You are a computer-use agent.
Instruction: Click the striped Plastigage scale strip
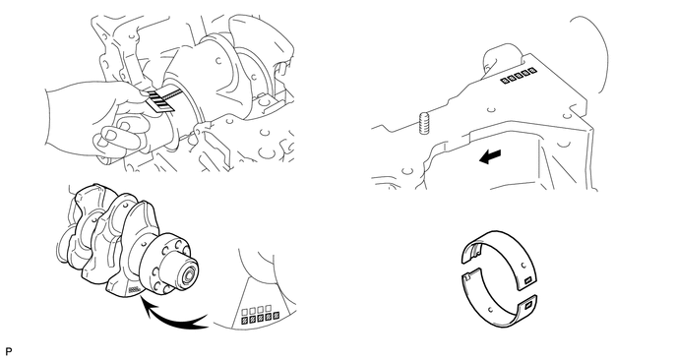[158, 98]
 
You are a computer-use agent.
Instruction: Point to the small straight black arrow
[490, 156]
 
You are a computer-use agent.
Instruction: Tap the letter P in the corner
[8, 351]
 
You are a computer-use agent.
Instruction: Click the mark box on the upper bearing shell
[526, 281]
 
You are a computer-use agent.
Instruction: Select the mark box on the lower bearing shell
[527, 306]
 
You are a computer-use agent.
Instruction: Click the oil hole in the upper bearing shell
[523, 265]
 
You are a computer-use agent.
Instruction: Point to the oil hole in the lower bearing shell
[490, 309]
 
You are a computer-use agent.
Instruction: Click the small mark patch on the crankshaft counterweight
[135, 290]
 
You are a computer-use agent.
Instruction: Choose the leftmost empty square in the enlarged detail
[245, 311]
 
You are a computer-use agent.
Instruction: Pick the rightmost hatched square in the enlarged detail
[276, 319]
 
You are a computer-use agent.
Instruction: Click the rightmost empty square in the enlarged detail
[268, 309]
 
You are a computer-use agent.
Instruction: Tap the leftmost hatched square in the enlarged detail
[244, 321]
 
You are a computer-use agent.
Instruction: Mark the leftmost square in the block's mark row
[504, 81]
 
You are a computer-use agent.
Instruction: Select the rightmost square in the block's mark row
[533, 69]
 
